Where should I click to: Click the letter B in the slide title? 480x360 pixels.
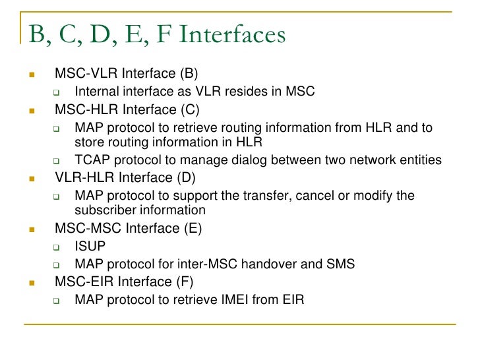pyautogui.click(x=34, y=34)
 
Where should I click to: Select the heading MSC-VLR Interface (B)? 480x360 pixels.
pyautogui.click(x=126, y=73)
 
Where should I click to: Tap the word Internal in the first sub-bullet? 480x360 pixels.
pyautogui.click(x=97, y=92)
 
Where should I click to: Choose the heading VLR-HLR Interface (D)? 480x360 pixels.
pyautogui.click(x=125, y=177)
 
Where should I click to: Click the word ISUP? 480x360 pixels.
pyautogui.click(x=90, y=247)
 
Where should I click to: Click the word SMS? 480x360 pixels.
pyautogui.click(x=340, y=264)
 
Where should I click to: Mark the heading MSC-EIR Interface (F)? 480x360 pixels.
pyautogui.click(x=125, y=282)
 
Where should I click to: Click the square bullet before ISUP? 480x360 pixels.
pyautogui.click(x=57, y=248)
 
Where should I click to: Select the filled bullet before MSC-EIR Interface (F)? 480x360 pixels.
pyautogui.click(x=31, y=284)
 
